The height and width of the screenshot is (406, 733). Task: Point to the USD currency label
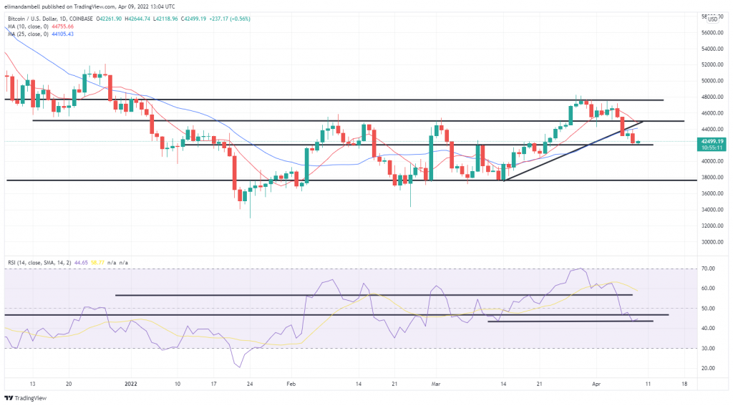(712, 19)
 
